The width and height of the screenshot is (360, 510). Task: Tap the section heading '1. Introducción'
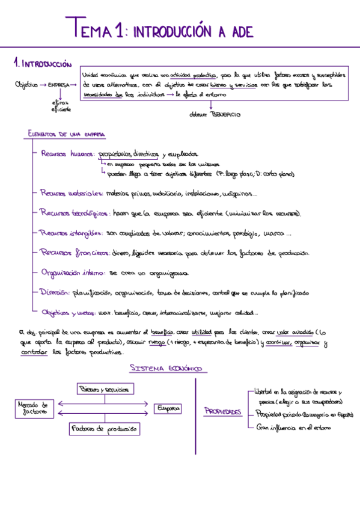pos(42,63)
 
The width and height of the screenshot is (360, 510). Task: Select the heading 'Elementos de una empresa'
pos(67,134)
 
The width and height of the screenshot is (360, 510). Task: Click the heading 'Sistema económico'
pos(165,368)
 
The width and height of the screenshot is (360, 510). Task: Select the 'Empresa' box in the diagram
pos(168,409)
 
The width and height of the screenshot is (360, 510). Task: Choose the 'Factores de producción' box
pos(104,429)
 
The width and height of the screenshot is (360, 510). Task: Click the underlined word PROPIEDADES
pos(223,413)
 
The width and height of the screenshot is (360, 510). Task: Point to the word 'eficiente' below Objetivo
pos(61,109)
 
